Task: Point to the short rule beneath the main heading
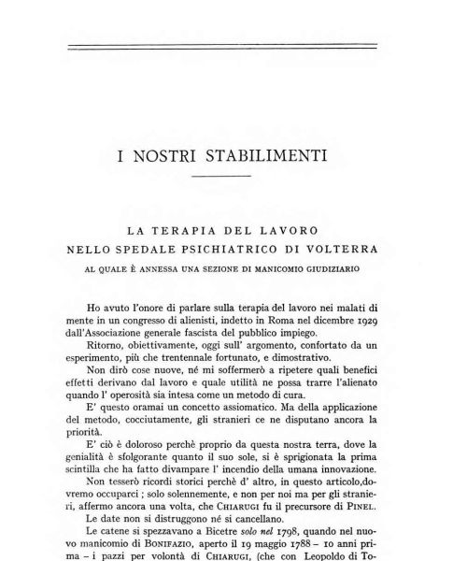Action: pyautogui.click(x=221, y=176)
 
